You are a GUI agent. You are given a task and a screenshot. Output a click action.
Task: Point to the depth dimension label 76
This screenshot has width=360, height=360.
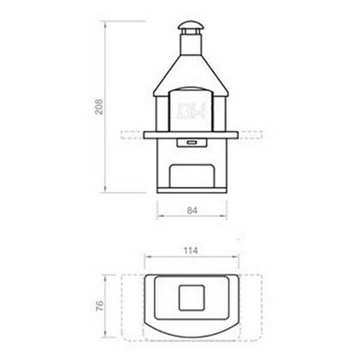(x=100, y=307)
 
